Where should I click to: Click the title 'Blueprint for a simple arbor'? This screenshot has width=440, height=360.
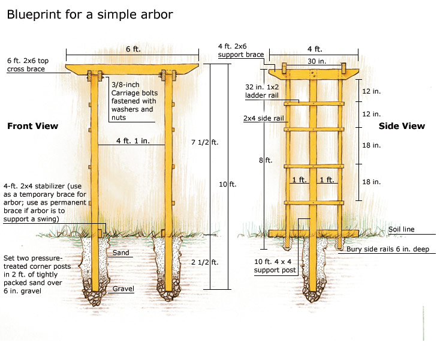90,14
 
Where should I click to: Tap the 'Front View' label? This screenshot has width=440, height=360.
32,126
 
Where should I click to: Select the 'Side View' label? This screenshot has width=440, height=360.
402,126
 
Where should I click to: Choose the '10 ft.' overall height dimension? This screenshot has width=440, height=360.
228,184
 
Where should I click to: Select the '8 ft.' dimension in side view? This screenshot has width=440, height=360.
265,160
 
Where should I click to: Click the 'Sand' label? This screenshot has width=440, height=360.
121,253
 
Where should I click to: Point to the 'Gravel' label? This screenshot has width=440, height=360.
123,289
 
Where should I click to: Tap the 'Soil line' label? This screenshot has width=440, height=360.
400,230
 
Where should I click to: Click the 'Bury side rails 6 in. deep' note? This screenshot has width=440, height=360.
387,249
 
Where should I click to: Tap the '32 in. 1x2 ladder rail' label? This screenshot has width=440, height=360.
263,91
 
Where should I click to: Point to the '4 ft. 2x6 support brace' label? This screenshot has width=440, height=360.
242,50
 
